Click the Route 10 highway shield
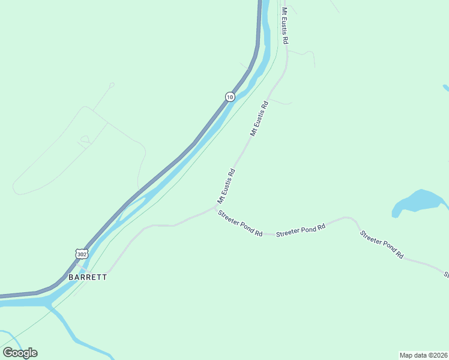(229, 96)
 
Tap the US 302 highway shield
(82, 254)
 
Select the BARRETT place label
(88, 277)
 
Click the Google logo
(20, 353)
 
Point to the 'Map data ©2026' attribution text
(423, 355)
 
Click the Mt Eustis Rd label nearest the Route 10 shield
(259, 119)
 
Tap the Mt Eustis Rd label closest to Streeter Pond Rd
(226, 185)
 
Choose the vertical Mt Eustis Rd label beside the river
(285, 25)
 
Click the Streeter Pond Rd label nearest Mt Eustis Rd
(240, 223)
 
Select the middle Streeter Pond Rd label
(300, 230)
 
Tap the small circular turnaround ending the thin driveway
(112, 85)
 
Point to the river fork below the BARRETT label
(51, 307)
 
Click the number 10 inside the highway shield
(229, 96)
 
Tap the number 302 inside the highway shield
(82, 254)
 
